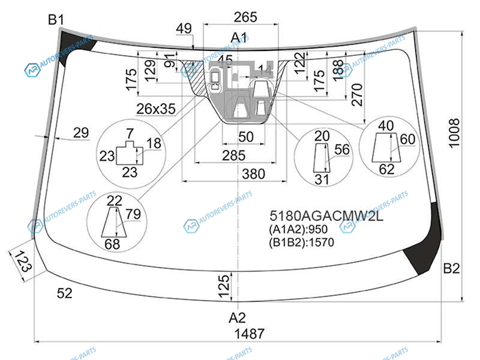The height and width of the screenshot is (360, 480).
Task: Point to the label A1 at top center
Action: click(239, 38)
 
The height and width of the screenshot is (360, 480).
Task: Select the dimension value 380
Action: click(254, 174)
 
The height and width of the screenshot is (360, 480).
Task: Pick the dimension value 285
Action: click(233, 155)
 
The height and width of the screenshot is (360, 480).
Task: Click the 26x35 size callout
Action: click(155, 109)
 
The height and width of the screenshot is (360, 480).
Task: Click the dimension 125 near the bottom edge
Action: click(224, 286)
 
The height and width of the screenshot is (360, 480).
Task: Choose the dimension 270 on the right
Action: click(358, 94)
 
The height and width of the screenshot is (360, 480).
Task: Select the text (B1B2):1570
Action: click(301, 243)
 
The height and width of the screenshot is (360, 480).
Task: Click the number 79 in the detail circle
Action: click(133, 214)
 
